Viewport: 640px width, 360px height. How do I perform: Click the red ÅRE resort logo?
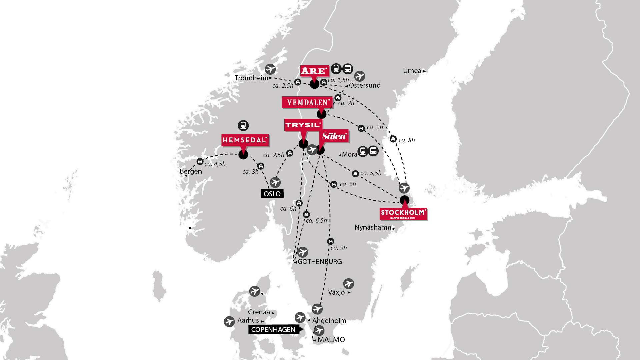tap(314, 71)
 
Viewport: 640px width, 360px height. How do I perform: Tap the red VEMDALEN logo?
tap(307, 102)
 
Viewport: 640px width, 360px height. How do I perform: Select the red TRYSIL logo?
tap(303, 125)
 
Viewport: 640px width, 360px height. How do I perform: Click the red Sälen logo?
tap(334, 136)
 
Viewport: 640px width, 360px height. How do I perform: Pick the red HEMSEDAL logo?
tap(245, 140)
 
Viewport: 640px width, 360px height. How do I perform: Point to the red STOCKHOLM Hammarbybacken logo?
tap(403, 214)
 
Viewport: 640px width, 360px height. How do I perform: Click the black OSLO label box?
tap(272, 194)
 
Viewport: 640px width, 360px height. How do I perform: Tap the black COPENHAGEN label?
tap(274, 330)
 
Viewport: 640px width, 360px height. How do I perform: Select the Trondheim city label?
tap(251, 78)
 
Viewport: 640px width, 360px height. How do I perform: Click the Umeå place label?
tap(412, 71)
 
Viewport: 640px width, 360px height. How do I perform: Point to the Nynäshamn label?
tap(373, 227)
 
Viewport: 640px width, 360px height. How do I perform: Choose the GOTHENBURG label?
tap(320, 262)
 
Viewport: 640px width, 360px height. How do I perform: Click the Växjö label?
tap(336, 292)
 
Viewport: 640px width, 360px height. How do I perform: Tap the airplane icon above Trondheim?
tap(270, 69)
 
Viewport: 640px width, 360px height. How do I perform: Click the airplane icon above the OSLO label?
tap(275, 182)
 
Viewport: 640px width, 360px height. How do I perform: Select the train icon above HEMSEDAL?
tap(243, 125)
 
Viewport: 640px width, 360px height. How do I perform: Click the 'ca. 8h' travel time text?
tap(407, 140)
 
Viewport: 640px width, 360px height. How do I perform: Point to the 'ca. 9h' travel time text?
tap(339, 248)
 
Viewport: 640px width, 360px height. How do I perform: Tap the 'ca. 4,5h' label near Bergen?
tap(215, 164)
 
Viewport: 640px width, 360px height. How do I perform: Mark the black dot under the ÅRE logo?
tap(314, 84)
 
